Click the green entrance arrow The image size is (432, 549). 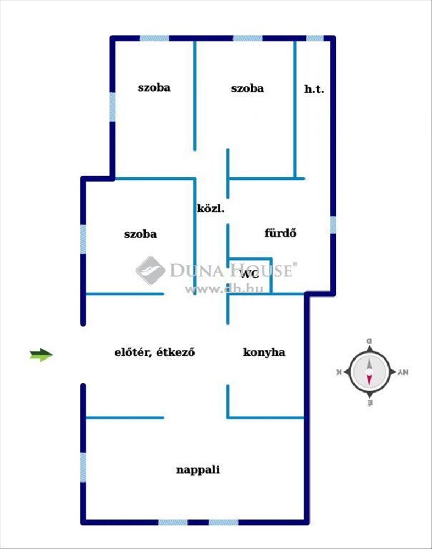[41, 355]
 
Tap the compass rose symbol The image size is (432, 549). [369, 372]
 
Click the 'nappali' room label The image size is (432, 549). [198, 470]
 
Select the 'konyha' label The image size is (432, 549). [264, 352]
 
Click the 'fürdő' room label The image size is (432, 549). [281, 233]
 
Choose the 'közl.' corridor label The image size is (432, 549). [211, 209]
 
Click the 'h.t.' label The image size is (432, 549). [314, 88]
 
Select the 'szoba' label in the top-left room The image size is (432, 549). [154, 87]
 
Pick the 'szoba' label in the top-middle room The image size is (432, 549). [247, 88]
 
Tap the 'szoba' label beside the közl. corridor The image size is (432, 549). [140, 234]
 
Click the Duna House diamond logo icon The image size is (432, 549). [150, 270]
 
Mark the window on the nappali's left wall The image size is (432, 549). [83, 467]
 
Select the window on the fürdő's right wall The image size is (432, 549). [333, 225]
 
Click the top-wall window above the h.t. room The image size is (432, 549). [314, 38]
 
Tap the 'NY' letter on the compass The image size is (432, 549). [403, 372]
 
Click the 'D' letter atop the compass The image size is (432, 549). [369, 341]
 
